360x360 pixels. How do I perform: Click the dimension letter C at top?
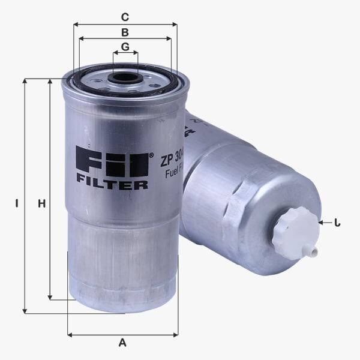tap(125, 16)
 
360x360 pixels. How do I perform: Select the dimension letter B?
tap(125, 32)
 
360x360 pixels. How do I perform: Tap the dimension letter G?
tap(125, 46)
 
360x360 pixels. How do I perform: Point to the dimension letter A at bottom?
tap(122, 343)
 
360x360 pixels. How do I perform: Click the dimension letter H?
tap(41, 203)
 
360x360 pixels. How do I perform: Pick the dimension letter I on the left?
tap(17, 203)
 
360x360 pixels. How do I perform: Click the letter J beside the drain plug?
tap(337, 223)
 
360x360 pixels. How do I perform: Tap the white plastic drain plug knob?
tap(294, 233)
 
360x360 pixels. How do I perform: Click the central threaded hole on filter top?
tap(126, 78)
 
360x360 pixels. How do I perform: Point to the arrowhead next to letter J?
tap(322, 223)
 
